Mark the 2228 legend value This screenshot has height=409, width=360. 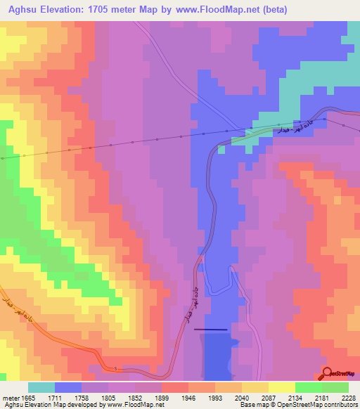348,398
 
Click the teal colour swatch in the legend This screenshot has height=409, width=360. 41,387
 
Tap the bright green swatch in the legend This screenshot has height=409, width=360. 308,387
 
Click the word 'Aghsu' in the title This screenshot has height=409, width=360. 20,9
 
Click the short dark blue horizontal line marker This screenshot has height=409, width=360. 211,328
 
